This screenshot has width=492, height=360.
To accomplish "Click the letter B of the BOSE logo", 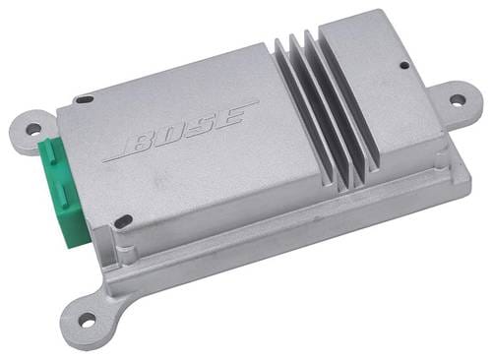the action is tap(143, 143).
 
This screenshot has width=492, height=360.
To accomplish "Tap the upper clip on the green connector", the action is tap(50, 150).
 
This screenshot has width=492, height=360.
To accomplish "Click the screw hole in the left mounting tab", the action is tap(34, 129).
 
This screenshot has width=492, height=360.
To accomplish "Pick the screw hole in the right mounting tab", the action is tap(458, 99).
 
